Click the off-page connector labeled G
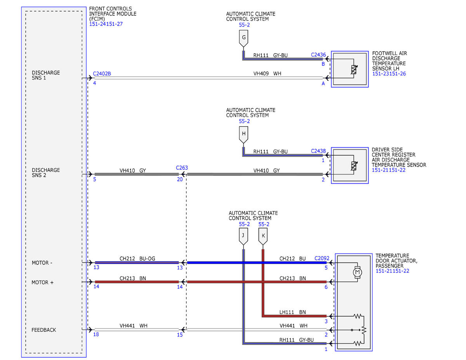(243, 38)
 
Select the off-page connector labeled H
(243, 135)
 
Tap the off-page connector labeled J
(243, 236)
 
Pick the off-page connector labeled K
(263, 236)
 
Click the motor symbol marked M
(357, 272)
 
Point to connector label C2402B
(102, 73)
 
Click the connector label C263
(182, 168)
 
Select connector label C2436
(318, 55)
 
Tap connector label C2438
(318, 151)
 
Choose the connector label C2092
(322, 258)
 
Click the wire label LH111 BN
(292, 312)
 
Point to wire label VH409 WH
(267, 73)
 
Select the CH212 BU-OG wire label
(137, 258)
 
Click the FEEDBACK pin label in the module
(44, 330)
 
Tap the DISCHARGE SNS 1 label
(46, 75)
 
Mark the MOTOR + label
(42, 282)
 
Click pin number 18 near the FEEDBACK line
(96, 334)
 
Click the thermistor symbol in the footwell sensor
(354, 69)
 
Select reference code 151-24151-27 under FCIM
(106, 24)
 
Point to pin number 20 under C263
(180, 179)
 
